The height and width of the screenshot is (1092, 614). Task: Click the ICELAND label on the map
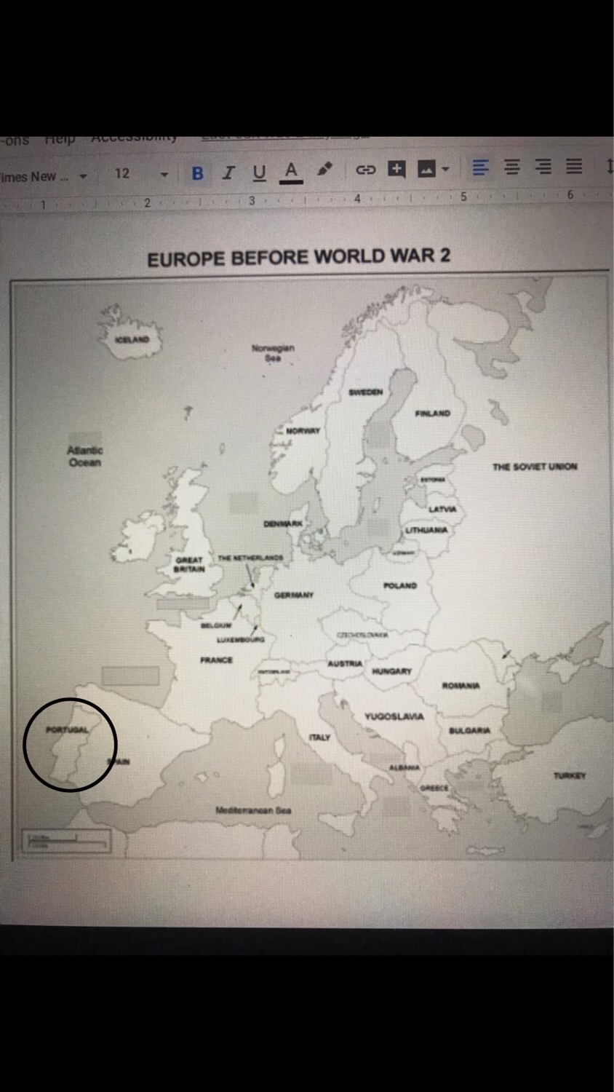132,339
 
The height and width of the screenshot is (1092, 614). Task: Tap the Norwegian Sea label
273,352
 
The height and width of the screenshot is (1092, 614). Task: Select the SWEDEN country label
365,392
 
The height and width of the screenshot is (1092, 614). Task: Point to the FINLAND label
432,414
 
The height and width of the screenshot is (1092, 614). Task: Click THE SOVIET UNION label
535,467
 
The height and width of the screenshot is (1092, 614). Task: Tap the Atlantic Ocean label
84,456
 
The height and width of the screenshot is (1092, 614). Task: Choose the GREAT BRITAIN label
189,564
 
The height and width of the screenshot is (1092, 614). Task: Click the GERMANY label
294,596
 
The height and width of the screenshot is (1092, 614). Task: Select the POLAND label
399,585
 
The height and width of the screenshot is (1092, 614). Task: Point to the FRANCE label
216,660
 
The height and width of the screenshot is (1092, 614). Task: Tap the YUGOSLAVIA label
394,716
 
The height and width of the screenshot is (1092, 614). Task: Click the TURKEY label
569,776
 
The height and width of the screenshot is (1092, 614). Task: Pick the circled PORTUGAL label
67,729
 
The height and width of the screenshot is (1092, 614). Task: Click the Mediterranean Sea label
253,810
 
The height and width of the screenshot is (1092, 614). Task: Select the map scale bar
67,841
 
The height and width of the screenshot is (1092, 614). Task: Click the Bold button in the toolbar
197,173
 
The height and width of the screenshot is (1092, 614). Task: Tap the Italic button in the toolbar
228,173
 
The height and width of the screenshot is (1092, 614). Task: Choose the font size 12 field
122,173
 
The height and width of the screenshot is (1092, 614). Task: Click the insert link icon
364,170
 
